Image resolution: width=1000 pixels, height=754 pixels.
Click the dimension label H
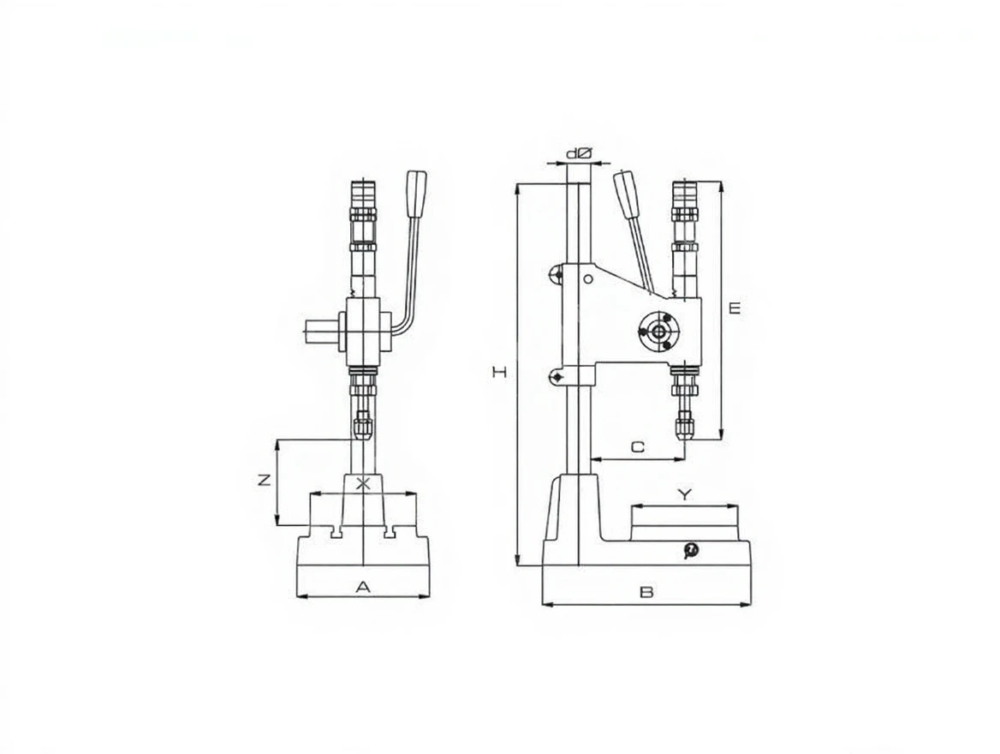point(501,372)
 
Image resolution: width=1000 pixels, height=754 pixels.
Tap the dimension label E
point(735,308)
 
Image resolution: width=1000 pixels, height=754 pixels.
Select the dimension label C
point(638,447)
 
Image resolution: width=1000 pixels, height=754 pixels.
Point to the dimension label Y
point(684,494)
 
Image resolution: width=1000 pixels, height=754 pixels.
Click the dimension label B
point(646,592)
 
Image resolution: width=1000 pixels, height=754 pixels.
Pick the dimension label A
point(362,586)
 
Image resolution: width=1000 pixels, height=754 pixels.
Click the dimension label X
point(363,483)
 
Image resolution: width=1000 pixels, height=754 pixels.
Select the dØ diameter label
point(580,154)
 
